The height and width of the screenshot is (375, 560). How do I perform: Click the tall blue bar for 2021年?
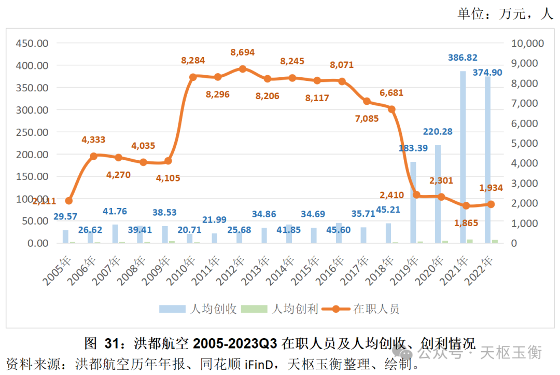[463, 156]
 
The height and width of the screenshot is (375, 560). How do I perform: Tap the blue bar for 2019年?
[413, 202]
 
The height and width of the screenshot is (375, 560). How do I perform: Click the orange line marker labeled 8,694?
[243, 68]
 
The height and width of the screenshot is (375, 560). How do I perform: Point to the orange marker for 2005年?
[69, 201]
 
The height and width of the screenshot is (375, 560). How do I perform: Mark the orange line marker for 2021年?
[466, 205]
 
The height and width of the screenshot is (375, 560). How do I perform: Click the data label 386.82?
[463, 58]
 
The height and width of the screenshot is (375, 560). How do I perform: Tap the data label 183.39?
[413, 148]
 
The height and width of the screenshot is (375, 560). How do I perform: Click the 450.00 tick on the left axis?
[32, 43]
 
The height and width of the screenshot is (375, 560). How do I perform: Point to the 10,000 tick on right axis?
[528, 43]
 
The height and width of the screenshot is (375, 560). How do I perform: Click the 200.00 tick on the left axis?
[32, 154]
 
